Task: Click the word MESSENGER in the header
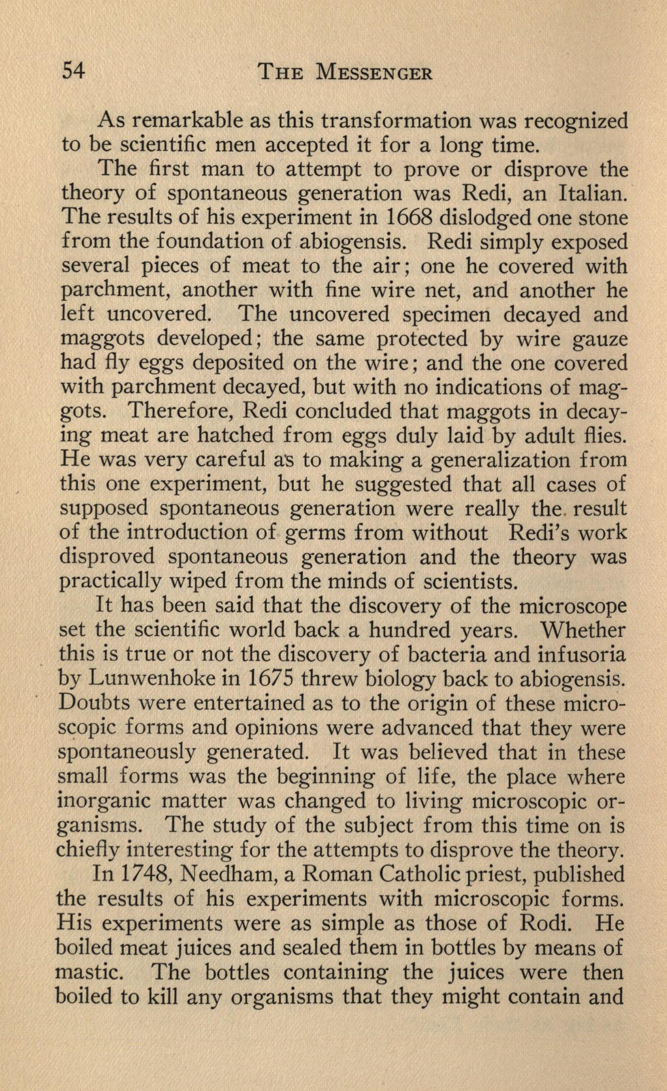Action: [374, 73]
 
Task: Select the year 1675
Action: [268, 679]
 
